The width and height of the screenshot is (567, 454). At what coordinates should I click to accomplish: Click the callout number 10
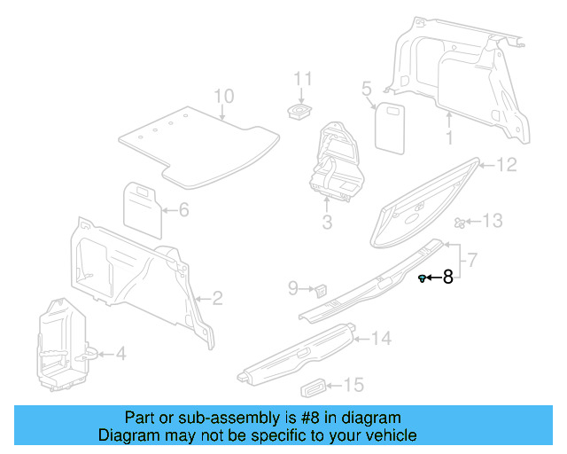pyautogui.click(x=223, y=97)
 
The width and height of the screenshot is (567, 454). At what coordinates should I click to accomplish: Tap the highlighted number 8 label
pyautogui.click(x=447, y=278)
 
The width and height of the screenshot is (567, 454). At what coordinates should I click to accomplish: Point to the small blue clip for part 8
pyautogui.click(x=422, y=278)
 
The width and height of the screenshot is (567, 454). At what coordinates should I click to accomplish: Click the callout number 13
pyautogui.click(x=492, y=221)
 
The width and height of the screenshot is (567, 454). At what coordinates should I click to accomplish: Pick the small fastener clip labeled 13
pyautogui.click(x=459, y=222)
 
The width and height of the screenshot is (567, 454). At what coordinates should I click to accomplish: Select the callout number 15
pyautogui.click(x=353, y=385)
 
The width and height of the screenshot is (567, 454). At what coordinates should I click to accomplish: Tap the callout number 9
pyautogui.click(x=294, y=287)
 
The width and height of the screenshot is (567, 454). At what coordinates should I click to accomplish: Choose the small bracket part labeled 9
pyautogui.click(x=321, y=288)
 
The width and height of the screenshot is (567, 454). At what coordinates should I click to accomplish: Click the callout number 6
pyautogui.click(x=184, y=210)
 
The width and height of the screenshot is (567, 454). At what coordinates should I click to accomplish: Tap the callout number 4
pyautogui.click(x=120, y=354)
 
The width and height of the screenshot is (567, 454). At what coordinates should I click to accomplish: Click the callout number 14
pyautogui.click(x=380, y=338)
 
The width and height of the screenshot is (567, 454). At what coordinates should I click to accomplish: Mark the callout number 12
pyautogui.click(x=505, y=165)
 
